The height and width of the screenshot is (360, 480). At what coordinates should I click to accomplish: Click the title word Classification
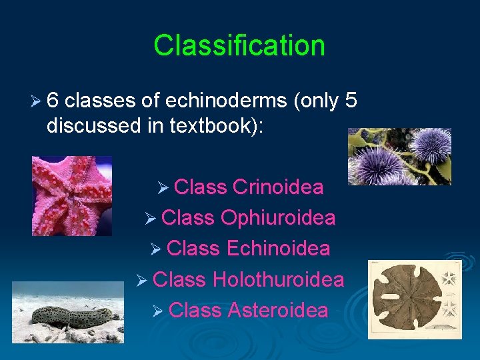coord(239,45)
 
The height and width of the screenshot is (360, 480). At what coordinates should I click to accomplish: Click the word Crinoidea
coord(278,187)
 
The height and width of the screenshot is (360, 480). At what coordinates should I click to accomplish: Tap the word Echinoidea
coord(278,249)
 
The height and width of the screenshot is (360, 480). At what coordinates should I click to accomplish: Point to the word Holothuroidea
coord(278,279)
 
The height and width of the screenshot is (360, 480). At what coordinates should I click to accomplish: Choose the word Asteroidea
coord(278,310)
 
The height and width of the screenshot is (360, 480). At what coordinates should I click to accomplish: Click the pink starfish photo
coord(72,196)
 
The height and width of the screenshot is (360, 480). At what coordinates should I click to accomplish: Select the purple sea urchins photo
coord(399,157)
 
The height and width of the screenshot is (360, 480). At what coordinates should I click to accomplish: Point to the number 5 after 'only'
coord(351,100)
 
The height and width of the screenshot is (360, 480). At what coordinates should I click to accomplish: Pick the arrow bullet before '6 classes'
coord(38,101)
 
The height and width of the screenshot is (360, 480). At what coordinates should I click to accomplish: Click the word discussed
coord(89,126)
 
